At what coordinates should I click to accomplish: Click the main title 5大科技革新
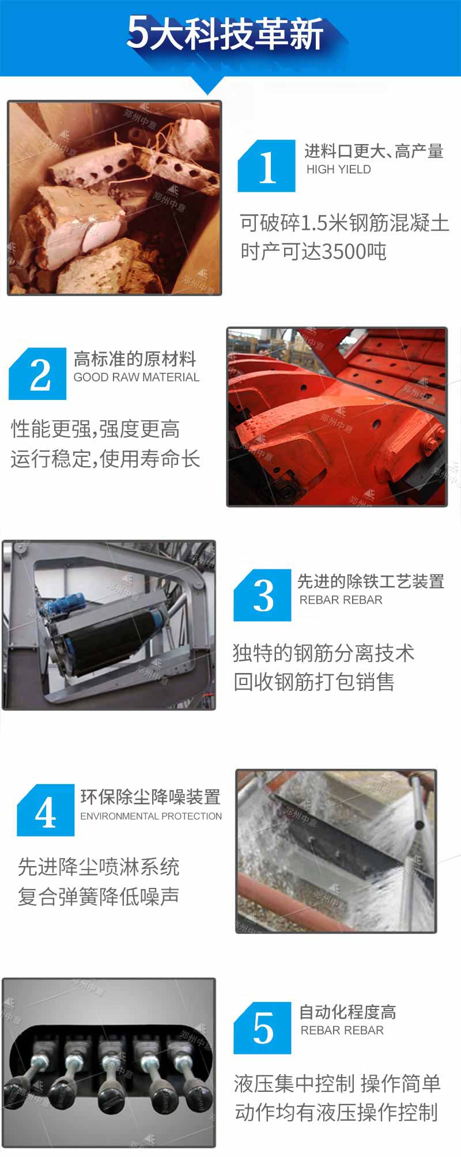[x=225, y=33]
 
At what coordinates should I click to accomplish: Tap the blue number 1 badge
[x=266, y=166]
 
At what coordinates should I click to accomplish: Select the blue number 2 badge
[x=37, y=373]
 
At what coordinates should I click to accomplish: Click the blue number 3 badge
[x=262, y=595]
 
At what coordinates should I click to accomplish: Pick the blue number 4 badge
[x=46, y=810]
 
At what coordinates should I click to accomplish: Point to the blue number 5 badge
[x=262, y=1028]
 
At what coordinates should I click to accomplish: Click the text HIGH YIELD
[x=339, y=169]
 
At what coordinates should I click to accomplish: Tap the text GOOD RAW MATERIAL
[x=137, y=377]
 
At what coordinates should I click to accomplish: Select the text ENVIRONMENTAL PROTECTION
[x=151, y=816]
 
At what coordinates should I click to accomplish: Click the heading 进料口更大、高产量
[x=374, y=151]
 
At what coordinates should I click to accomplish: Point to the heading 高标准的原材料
[x=135, y=359]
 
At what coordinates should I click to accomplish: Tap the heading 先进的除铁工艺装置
[x=371, y=581]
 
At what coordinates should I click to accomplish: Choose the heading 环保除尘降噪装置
[x=150, y=797]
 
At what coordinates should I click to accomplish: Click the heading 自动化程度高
[x=347, y=1012]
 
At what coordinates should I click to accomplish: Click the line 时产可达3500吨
[x=313, y=252]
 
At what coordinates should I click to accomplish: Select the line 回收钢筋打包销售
[x=314, y=682]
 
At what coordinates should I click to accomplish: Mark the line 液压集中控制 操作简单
[x=337, y=1083]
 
